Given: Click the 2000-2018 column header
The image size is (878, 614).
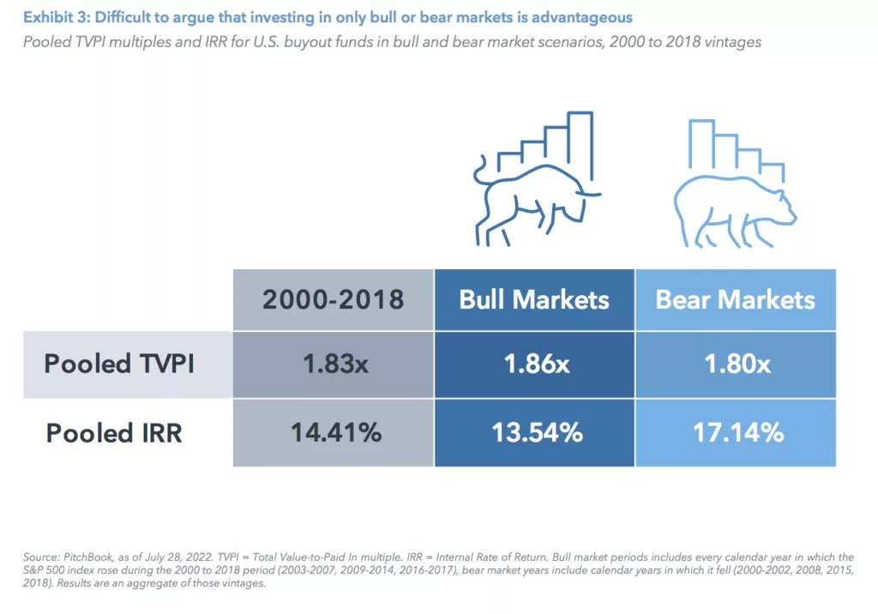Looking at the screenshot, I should click(333, 299).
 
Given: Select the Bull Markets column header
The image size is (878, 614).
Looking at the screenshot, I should click(534, 299).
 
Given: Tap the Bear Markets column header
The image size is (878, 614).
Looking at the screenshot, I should click(735, 299).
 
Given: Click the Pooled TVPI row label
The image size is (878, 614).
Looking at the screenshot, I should click(119, 364).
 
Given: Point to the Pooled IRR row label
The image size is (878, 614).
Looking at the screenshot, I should click(114, 432).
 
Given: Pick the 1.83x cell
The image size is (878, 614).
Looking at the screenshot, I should click(333, 364).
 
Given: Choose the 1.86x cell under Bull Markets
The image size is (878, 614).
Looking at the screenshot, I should click(534, 364).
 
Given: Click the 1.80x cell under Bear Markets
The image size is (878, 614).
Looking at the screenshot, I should click(735, 364).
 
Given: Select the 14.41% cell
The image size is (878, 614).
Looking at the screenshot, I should click(333, 432).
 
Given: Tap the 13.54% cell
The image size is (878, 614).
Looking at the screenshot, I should click(534, 432).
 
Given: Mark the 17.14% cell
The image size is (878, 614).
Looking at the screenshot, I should click(735, 432).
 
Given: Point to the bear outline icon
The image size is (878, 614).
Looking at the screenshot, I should click(733, 206).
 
